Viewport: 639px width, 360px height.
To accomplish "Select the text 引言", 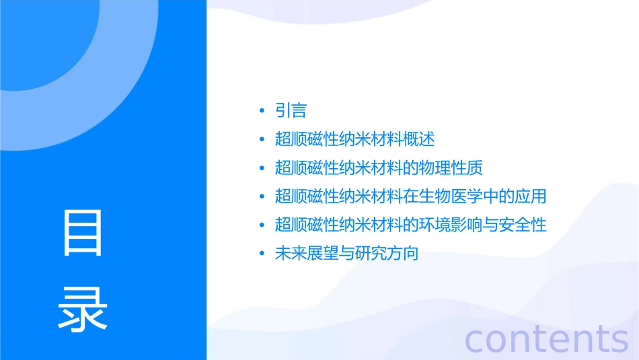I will coord(291,110).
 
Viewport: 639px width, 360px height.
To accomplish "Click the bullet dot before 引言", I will coord(262,110).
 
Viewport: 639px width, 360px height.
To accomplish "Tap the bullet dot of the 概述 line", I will coord(262,139).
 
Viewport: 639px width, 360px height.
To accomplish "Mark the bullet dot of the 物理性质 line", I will coord(262,168).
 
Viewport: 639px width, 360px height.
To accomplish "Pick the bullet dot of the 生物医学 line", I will coord(262,196).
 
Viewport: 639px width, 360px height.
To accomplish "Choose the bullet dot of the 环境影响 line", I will coord(262,225).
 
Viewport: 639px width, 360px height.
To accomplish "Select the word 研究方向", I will coord(387,254).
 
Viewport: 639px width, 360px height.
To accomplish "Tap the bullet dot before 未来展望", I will coord(262,254).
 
